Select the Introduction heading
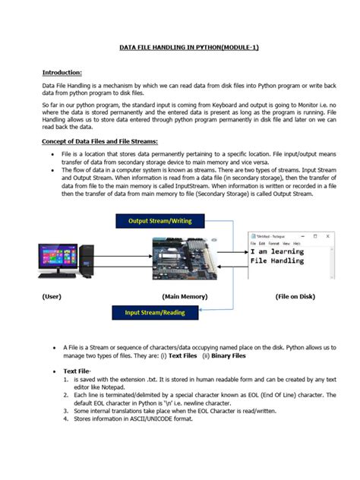(x=62, y=72)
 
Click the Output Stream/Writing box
(x=159, y=220)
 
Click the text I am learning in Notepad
(x=277, y=251)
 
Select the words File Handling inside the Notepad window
(x=277, y=261)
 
